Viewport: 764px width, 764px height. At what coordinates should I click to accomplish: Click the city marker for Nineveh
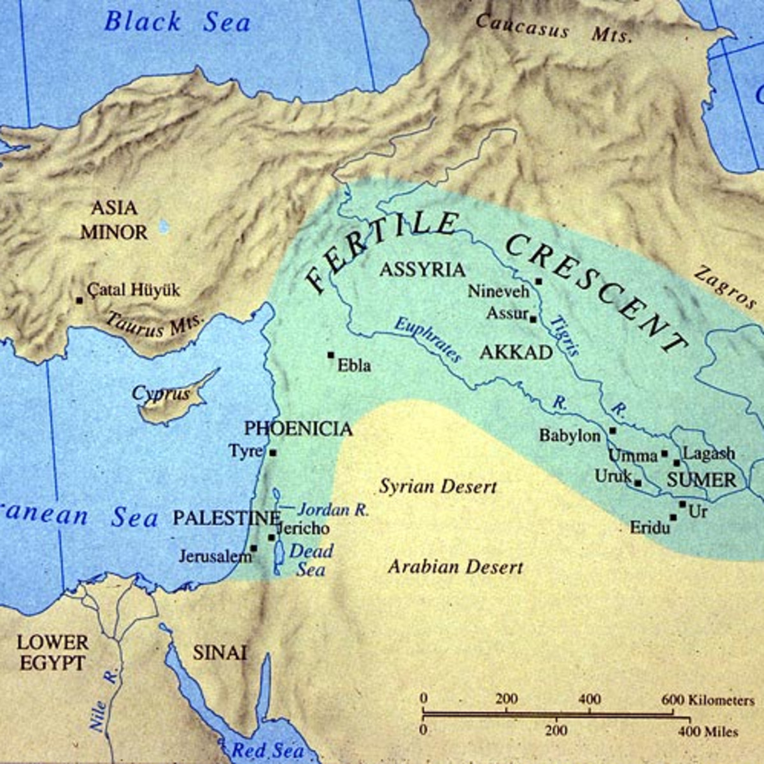(x=539, y=281)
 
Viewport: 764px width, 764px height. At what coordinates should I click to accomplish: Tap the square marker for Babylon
(x=612, y=430)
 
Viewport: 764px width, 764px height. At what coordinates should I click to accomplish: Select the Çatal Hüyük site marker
(x=80, y=300)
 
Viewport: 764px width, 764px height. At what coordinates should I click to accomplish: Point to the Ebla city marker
(x=330, y=355)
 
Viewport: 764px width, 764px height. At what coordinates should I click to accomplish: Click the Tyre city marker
(x=273, y=453)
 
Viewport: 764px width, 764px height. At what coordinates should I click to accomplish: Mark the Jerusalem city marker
(x=253, y=548)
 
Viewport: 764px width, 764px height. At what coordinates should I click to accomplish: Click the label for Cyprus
(x=161, y=394)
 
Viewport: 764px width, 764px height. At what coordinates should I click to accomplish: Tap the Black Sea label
(x=178, y=22)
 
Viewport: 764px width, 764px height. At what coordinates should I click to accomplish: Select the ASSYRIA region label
(x=422, y=269)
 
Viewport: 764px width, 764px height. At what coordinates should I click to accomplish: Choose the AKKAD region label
(x=516, y=352)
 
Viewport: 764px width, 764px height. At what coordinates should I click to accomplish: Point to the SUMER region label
(x=701, y=480)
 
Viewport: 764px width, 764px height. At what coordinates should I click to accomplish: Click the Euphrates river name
(x=427, y=339)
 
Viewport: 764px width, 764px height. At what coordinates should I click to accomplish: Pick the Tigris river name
(x=564, y=335)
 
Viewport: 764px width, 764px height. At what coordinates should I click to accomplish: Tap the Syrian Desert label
(x=438, y=487)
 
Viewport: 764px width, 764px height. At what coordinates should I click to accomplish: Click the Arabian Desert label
(x=456, y=567)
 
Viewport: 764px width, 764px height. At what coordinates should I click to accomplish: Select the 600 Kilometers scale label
(x=707, y=700)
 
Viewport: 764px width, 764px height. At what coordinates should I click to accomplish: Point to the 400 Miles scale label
(x=708, y=732)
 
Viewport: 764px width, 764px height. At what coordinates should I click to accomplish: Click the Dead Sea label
(x=311, y=560)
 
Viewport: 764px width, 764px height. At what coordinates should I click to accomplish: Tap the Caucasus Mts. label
(x=554, y=28)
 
